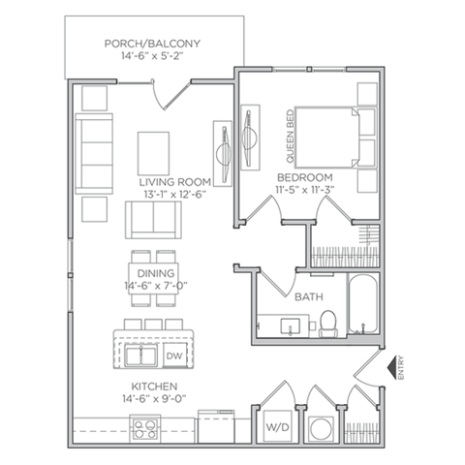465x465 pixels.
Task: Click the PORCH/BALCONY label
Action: click(x=152, y=44)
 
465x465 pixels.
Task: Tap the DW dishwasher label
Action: click(x=174, y=356)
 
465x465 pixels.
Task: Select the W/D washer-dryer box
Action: click(x=277, y=426)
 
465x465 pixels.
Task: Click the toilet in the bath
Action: click(x=327, y=324)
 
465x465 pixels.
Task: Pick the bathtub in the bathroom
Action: click(x=362, y=303)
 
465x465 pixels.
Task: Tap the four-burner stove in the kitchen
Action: click(x=145, y=429)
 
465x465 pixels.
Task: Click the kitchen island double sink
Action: click(x=141, y=356)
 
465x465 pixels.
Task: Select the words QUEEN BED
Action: click(x=291, y=137)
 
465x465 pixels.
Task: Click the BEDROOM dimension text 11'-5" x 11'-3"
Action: click(x=304, y=190)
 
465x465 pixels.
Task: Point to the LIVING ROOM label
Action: click(x=175, y=182)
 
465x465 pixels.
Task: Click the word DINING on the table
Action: click(x=156, y=273)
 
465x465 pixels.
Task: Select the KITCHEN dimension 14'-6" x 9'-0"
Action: click(x=154, y=399)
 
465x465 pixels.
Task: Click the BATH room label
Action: click(x=309, y=296)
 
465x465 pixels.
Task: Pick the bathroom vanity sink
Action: click(x=291, y=326)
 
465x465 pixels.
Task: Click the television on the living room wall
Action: click(x=223, y=154)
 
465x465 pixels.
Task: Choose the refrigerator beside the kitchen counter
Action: click(x=216, y=426)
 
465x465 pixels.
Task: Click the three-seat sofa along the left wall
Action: click(x=94, y=154)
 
